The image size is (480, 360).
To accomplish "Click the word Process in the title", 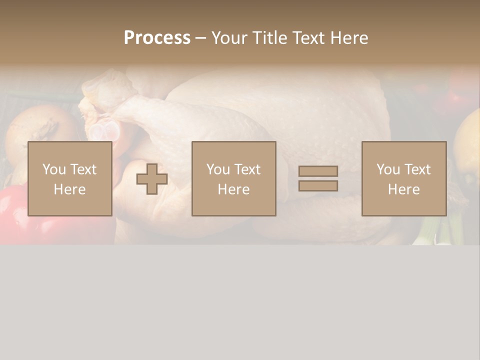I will click(x=157, y=38).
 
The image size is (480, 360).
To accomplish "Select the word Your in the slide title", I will click(x=229, y=38).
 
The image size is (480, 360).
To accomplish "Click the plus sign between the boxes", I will click(x=152, y=179).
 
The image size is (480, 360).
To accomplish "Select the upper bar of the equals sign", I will click(x=318, y=171).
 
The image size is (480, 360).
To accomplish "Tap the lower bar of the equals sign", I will click(x=318, y=185).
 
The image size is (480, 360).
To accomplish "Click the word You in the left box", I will click(x=53, y=169).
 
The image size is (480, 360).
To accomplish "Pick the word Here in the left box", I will click(x=69, y=189).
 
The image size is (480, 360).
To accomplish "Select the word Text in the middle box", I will click(x=247, y=169).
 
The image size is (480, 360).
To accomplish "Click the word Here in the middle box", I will click(x=233, y=189).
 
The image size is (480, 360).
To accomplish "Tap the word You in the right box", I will click(x=388, y=169).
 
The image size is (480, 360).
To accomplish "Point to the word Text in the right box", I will click(x=417, y=169).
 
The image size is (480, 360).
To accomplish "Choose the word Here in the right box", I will click(x=403, y=189).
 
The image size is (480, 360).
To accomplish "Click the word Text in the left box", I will click(x=83, y=169).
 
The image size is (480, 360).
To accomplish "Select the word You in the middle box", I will click(x=218, y=169).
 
